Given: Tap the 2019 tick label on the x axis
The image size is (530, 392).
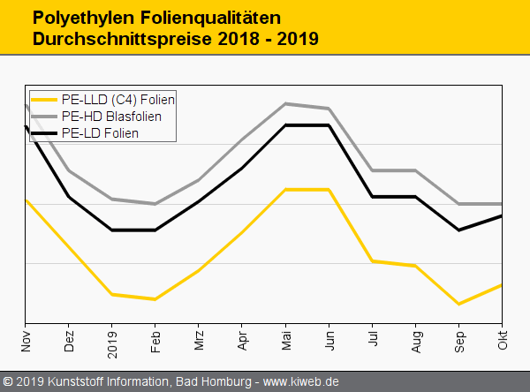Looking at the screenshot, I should [x=112, y=342].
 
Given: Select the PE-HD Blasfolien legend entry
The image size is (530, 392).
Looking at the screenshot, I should [x=111, y=116].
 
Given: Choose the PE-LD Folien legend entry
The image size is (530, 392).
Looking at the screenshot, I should [x=101, y=132].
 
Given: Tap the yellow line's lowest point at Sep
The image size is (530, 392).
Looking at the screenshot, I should [x=458, y=304].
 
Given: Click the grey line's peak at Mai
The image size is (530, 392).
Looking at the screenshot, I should [x=285, y=103].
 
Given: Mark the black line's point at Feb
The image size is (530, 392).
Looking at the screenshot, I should [x=155, y=230].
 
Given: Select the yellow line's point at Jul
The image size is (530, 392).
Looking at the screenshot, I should [x=372, y=261].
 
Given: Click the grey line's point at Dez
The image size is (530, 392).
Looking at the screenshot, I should [x=69, y=170].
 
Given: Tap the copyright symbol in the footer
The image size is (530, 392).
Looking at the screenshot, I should [x=7, y=382].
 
